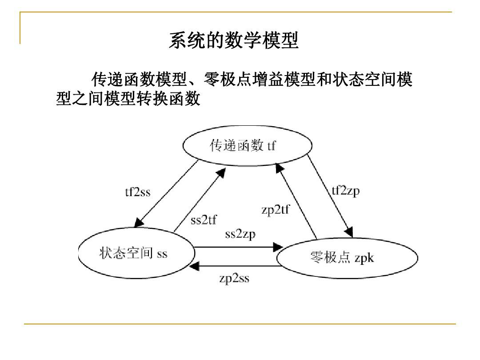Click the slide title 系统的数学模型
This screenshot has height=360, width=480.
click(233, 41)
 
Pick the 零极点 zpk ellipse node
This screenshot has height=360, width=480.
click(347, 258)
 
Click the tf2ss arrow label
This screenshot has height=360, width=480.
click(137, 192)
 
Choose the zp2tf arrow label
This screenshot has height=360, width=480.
click(275, 210)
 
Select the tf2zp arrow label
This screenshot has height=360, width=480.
click(346, 191)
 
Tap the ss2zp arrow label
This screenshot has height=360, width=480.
click(240, 234)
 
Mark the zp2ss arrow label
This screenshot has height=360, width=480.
click(234, 279)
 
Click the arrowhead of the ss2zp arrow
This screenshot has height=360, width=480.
click(279, 247)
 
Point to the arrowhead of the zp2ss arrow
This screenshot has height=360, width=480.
click(194, 266)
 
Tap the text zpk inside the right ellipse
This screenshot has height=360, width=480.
click(364, 259)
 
